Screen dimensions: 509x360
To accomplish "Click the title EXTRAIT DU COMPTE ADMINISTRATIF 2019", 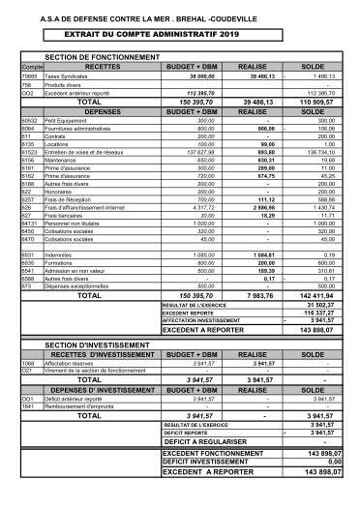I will (179, 33).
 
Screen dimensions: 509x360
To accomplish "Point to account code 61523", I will (30, 152).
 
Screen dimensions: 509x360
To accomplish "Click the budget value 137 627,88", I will (197, 152).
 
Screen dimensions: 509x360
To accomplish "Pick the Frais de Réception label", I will (69, 198).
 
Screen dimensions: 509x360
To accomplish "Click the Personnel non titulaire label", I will (74, 223).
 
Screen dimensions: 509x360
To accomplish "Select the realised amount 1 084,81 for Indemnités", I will (263, 254).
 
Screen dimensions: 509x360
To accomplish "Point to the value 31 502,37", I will (325, 305).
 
